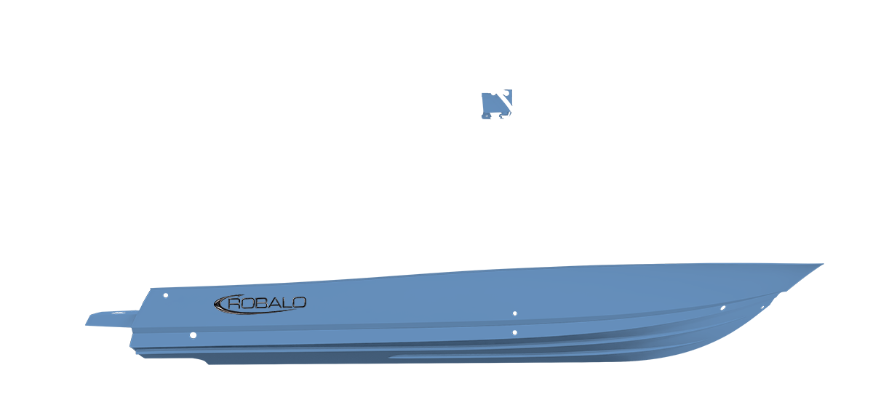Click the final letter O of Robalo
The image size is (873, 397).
coord(298,302)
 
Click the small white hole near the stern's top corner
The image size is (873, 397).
coord(166,295)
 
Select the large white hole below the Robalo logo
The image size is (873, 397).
coord(193,335)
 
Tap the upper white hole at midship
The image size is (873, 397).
coord(515,313)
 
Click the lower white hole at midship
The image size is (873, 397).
coord(515,333)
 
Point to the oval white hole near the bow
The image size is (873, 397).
coord(723,308)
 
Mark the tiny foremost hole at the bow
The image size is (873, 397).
coord(762,308)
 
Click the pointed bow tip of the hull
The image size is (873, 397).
coord(823,264)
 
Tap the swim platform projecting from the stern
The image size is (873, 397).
coord(112,318)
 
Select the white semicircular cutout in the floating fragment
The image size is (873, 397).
coord(493,95)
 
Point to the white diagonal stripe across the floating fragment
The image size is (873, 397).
coord(505,100)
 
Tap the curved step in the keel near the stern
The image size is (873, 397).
coord(203,361)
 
